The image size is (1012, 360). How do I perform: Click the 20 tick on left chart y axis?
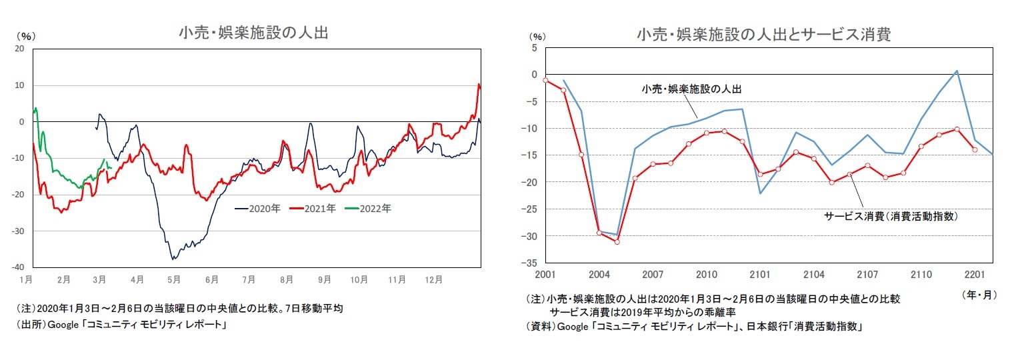click(x=19, y=49)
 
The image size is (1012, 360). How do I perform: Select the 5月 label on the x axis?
click(x=174, y=279)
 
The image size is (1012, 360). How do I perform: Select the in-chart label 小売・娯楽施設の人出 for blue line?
click(x=691, y=88)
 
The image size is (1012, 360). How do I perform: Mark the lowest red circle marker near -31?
click(x=617, y=241)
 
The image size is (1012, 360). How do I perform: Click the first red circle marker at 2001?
click(x=545, y=80)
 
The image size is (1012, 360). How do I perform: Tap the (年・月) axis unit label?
click(x=978, y=294)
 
